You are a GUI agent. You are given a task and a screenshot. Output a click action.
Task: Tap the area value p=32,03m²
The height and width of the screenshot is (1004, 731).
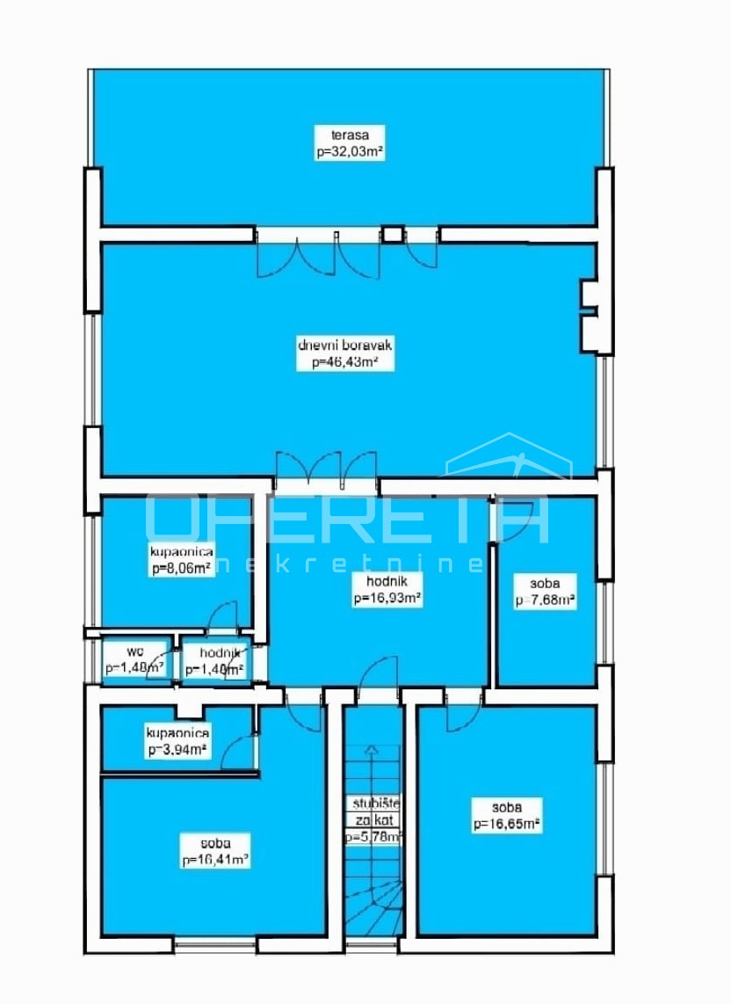click(x=350, y=151)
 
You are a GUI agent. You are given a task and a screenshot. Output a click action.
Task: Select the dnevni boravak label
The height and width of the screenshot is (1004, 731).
click(x=344, y=346)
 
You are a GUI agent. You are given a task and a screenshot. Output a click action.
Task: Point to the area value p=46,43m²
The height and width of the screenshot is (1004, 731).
click(x=344, y=361)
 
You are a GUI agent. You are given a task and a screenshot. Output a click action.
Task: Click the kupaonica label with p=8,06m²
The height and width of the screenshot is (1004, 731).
click(x=178, y=552)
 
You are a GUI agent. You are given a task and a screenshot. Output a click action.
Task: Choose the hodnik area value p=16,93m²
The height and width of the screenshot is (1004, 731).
click(x=387, y=599)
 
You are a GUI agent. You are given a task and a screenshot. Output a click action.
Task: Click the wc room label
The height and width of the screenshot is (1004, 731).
click(x=134, y=652)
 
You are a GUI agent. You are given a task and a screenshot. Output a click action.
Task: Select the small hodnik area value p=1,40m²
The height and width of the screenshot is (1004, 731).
click(x=214, y=669)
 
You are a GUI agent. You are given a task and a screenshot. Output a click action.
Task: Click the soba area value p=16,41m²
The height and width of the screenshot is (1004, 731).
click(x=215, y=861)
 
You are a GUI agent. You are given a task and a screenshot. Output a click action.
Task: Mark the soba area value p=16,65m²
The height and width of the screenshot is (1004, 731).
click(x=506, y=824)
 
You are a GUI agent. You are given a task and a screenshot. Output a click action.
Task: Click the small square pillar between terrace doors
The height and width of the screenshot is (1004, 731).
click(x=392, y=235)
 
